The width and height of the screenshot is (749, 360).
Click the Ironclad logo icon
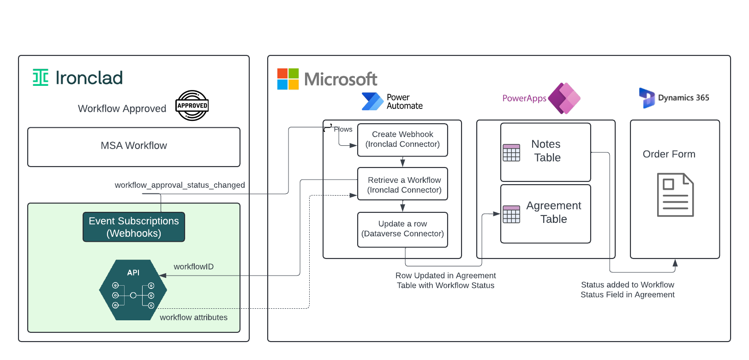[41, 78]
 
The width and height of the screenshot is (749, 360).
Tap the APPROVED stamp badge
[192, 105]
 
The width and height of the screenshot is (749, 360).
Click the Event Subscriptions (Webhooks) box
[134, 227]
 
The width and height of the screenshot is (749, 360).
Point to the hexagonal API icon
[133, 290]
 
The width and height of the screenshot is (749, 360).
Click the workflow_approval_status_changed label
[180, 185]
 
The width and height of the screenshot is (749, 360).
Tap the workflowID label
[193, 267]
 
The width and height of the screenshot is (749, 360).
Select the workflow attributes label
[193, 318]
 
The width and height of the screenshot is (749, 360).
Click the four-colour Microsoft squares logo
[288, 79]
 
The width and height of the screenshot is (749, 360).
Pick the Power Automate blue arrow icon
[372, 102]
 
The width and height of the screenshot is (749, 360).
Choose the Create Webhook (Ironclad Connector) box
[402, 139]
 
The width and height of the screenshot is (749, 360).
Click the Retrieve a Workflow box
[402, 184]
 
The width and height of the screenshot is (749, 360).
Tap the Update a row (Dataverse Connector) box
[402, 229]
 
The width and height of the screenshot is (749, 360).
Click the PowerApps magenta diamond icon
[564, 98]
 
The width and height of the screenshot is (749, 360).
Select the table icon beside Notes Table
[511, 153]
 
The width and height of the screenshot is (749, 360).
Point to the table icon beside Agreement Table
[511, 214]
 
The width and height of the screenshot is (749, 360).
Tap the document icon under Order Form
[675, 195]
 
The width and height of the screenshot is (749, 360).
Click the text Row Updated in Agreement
[445, 276]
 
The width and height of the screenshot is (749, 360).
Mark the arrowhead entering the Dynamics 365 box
[675, 263]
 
